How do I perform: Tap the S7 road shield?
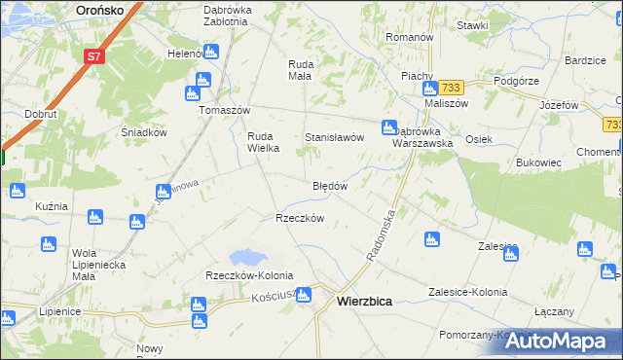(93, 56)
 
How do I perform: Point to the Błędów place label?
(330, 185)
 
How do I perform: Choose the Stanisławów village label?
(335, 138)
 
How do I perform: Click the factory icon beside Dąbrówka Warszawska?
(389, 126)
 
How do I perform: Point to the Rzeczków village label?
(300, 218)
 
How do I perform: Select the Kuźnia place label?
(51, 206)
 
